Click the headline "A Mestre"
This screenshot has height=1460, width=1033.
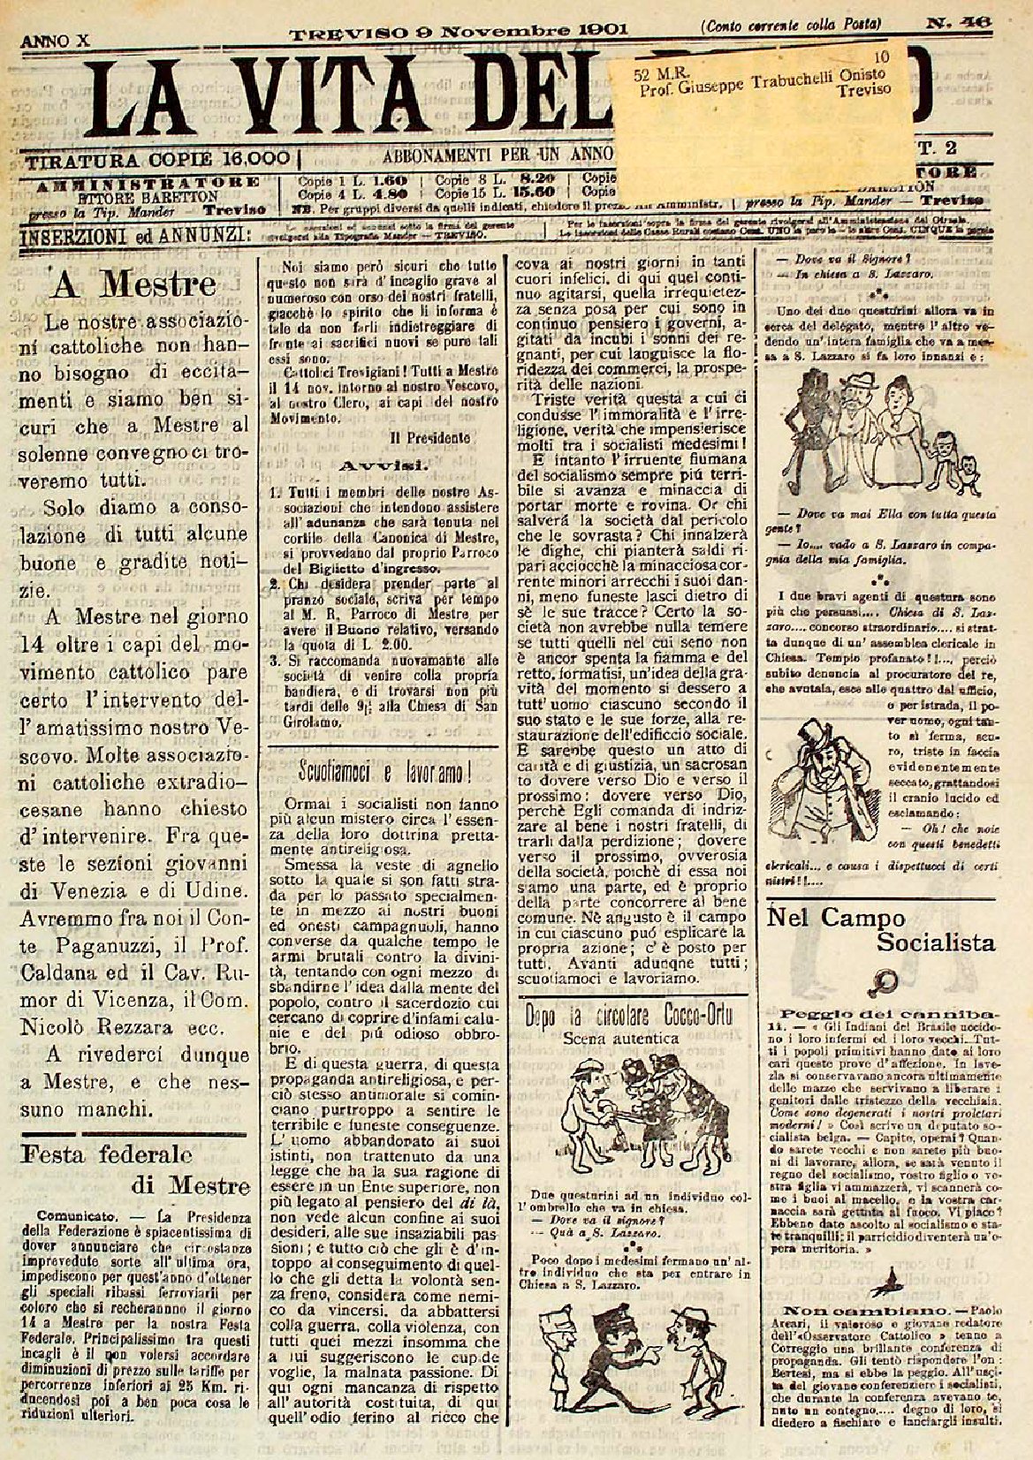pyautogui.click(x=133, y=285)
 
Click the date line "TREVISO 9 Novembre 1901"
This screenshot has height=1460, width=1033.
pyautogui.click(x=460, y=30)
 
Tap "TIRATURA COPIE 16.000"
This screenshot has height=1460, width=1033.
pyautogui.click(x=159, y=160)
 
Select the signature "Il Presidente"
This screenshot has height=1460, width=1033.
pyautogui.click(x=421, y=437)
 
